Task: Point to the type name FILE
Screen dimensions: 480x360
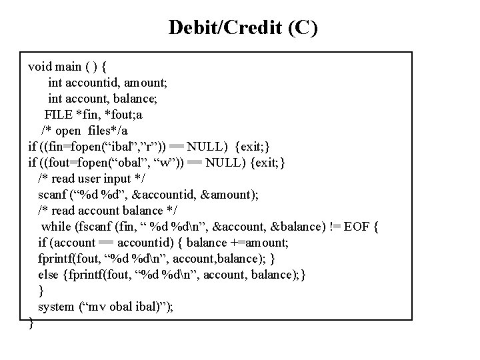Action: (59, 114)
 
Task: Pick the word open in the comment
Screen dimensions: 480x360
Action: (71, 130)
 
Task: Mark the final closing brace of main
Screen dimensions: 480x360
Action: (31, 323)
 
